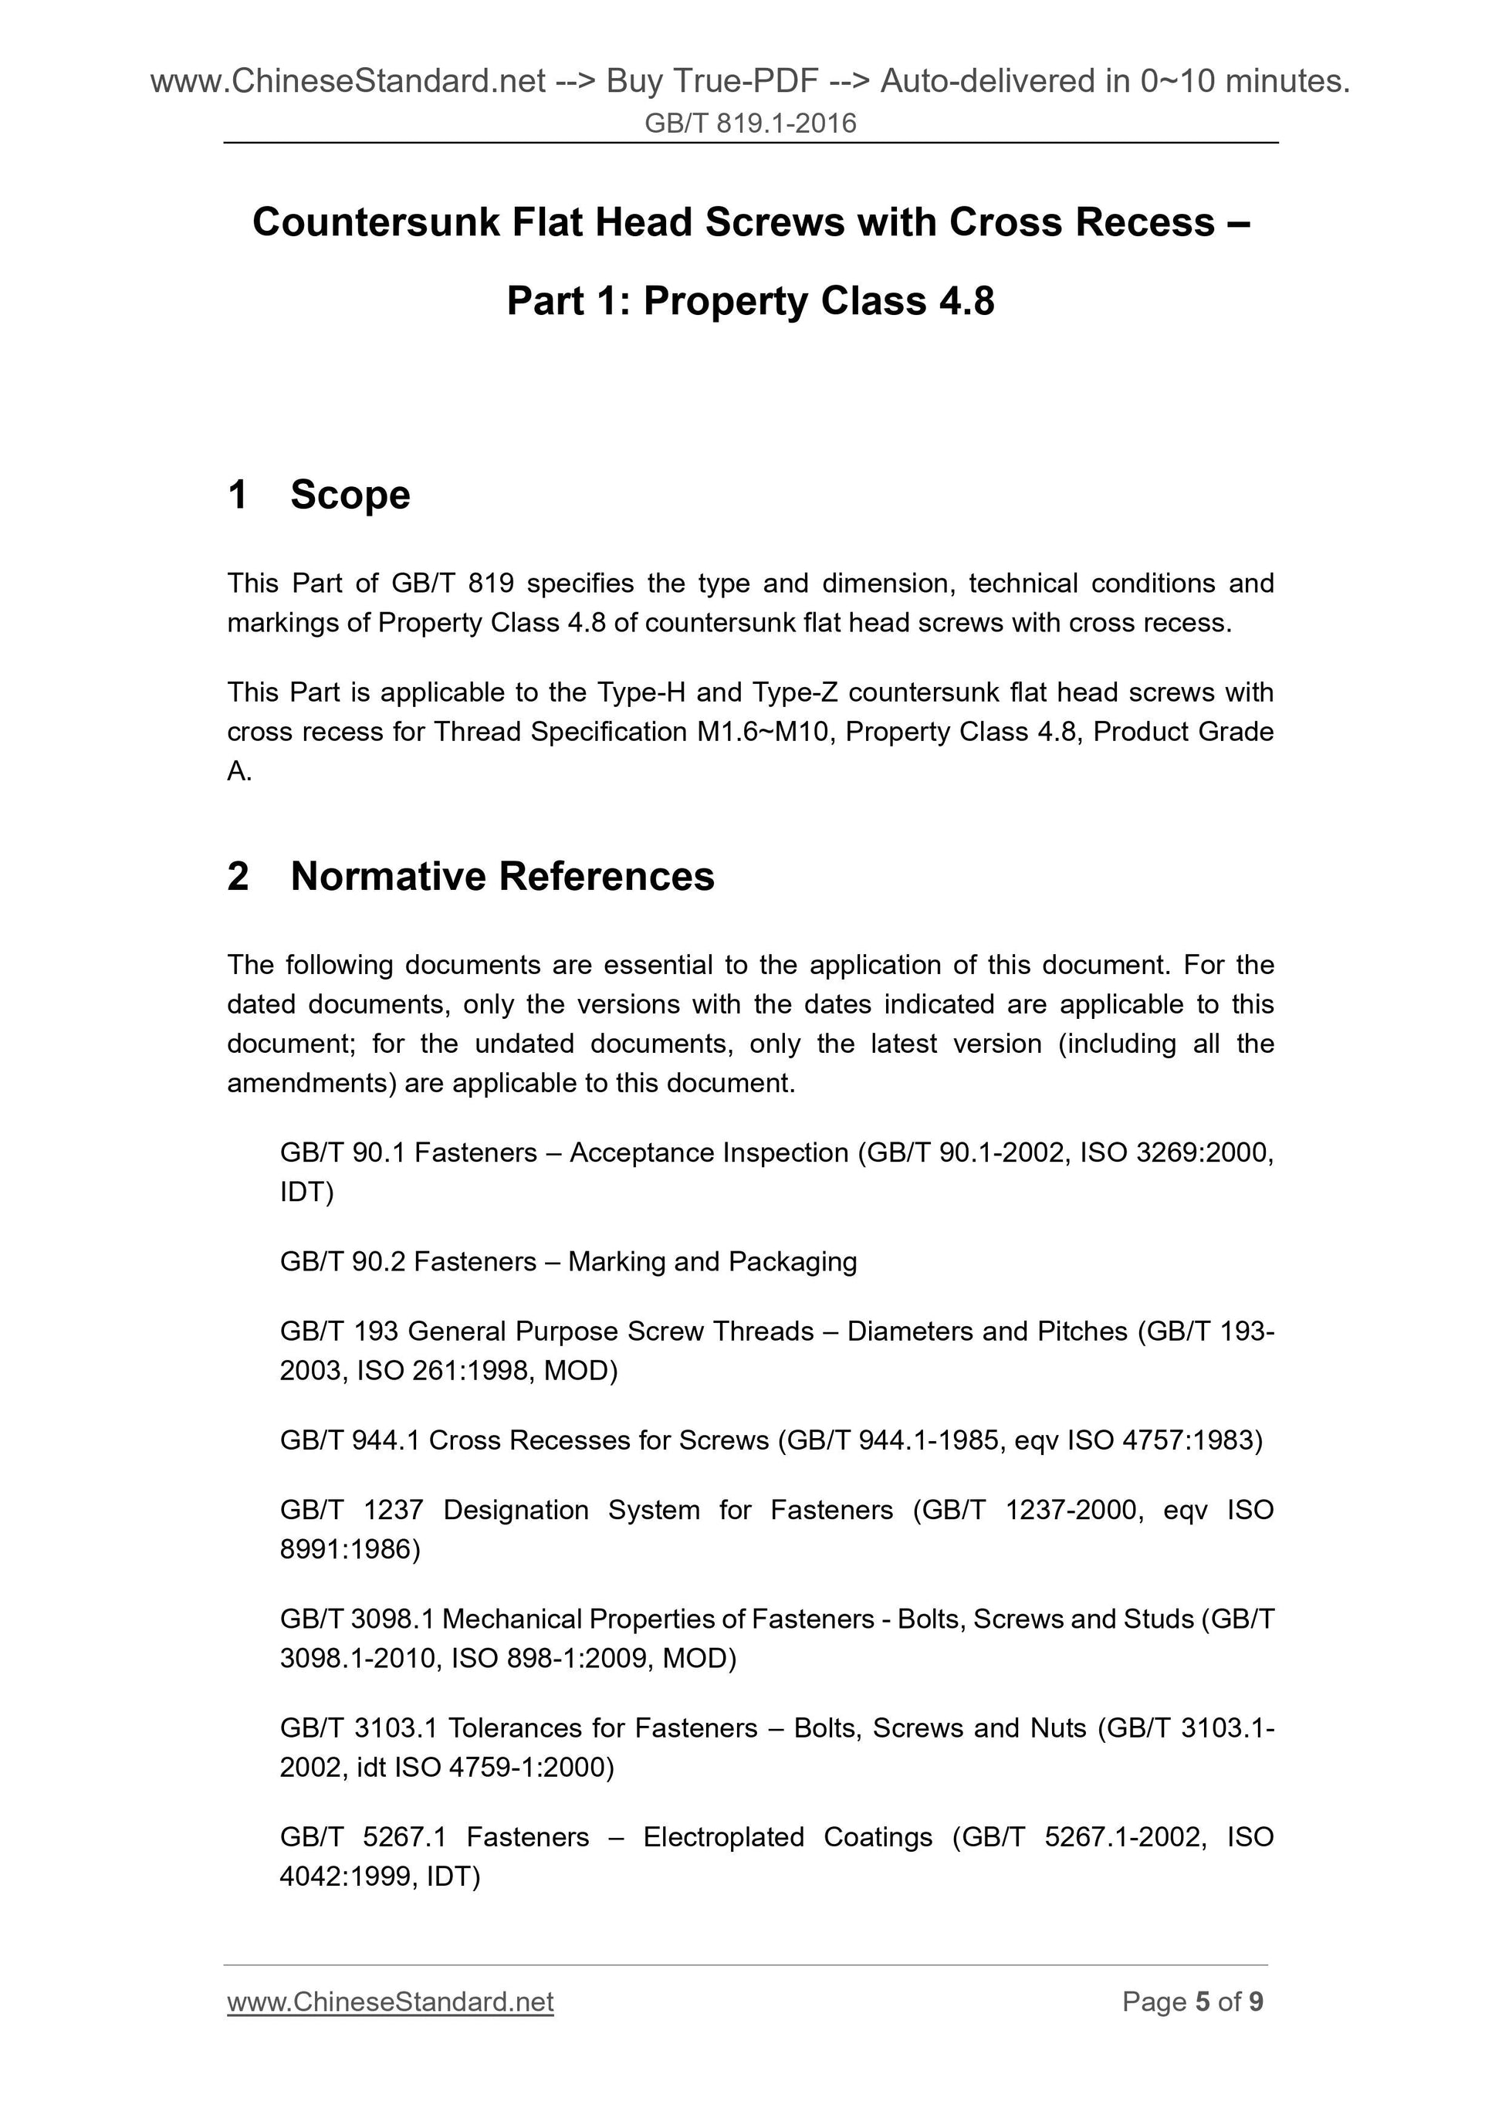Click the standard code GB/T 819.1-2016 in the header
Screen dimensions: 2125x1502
tap(749, 123)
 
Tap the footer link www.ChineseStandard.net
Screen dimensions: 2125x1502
tap(390, 2002)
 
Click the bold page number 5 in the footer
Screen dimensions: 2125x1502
tap(1203, 2002)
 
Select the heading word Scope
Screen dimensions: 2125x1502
tap(350, 494)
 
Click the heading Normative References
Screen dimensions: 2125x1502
tap(502, 875)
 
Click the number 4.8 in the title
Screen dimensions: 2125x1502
tap(962, 301)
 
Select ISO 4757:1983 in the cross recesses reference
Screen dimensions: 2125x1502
tap(1164, 1440)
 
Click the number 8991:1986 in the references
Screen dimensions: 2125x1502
tap(350, 1549)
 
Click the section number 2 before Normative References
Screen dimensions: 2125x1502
tap(238, 875)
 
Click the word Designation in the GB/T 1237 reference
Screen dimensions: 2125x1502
tap(516, 1510)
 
